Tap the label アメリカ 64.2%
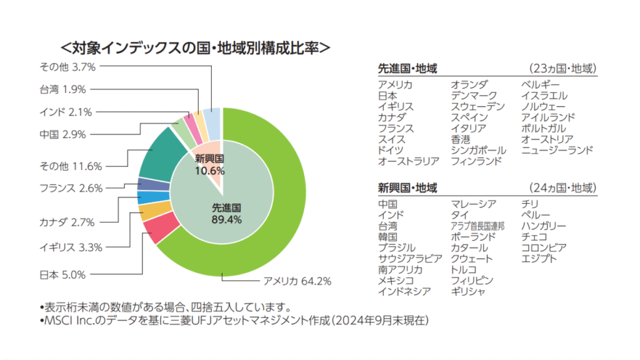pos(297,280)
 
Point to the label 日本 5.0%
pos(62,274)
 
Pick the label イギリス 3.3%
pos(71,247)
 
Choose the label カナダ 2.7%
pos(67,222)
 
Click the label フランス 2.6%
pos(71,187)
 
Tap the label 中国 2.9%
pos(62,134)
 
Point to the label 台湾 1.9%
pos(62,89)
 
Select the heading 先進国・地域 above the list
pos(407,68)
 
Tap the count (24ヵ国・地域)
pos(562,187)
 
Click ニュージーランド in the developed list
pos(557,150)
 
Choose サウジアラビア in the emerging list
pos(409,259)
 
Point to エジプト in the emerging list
pos(539,259)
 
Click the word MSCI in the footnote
pos(57,321)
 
